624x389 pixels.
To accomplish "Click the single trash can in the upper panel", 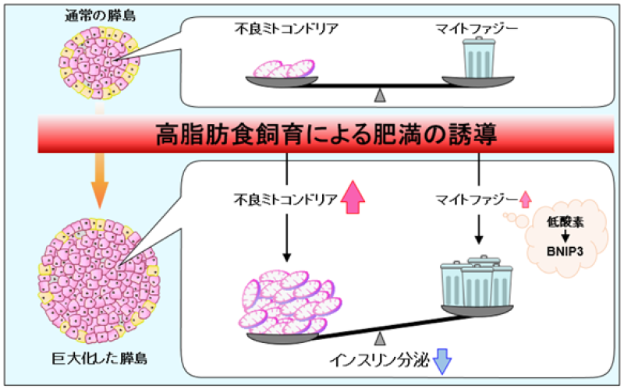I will [478, 60].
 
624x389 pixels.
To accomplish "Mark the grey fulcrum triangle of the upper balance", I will [380, 95].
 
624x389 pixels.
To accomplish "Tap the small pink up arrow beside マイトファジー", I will [523, 200].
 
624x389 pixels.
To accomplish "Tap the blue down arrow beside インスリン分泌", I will [441, 361].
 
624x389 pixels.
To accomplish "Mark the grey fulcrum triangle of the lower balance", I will [380, 337].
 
